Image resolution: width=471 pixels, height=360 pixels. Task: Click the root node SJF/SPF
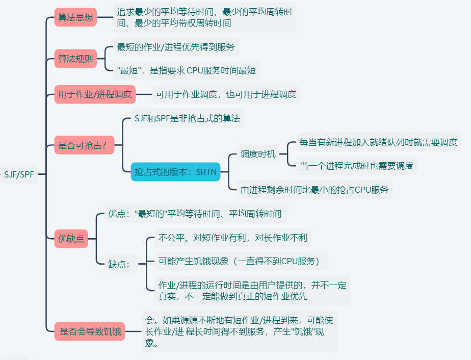point(19,174)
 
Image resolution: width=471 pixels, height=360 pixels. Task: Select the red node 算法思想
point(75,17)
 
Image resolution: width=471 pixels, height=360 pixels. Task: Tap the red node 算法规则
point(75,59)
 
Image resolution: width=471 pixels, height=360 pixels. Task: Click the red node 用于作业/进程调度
point(95,94)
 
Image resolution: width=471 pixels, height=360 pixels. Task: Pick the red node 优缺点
point(71,238)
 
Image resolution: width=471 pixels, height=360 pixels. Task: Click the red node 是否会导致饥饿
point(90,332)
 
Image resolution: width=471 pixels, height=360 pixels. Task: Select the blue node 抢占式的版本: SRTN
point(175,172)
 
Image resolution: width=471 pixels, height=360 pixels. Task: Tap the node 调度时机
point(258,154)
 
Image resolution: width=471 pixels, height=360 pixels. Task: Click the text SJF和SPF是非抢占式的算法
point(187,118)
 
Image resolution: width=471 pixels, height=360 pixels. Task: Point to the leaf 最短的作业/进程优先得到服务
point(176,47)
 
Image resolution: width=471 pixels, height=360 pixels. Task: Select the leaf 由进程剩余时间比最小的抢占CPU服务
point(315,190)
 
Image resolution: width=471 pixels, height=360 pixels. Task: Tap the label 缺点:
point(120,264)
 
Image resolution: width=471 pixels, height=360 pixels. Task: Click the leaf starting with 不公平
point(232,237)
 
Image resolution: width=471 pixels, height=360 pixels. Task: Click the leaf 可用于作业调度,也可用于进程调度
point(226,94)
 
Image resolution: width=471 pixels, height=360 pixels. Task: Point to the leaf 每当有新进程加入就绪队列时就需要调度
point(378,142)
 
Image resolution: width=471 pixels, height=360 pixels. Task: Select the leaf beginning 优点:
point(195,213)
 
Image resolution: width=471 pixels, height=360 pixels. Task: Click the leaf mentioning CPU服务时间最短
point(187,70)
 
